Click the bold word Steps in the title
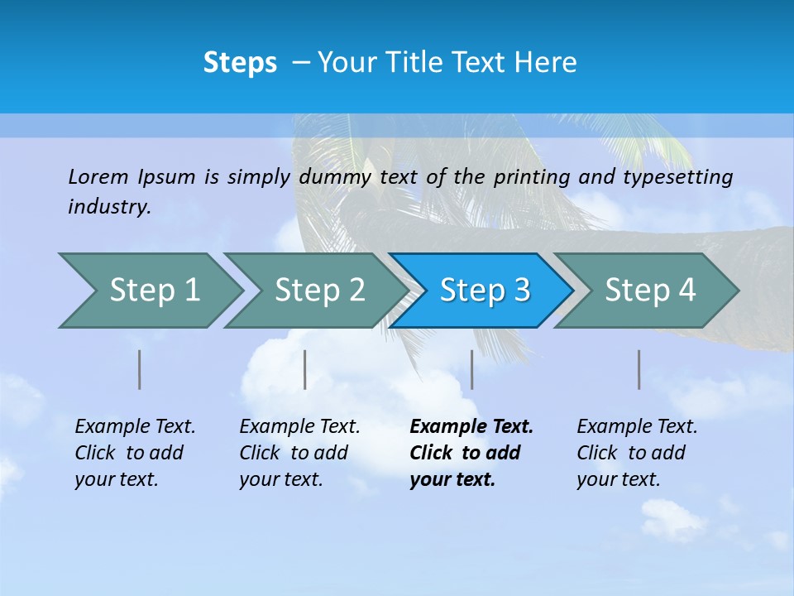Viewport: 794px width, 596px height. point(240,63)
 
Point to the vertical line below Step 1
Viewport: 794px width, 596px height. point(140,369)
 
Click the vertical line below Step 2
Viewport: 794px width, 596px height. point(305,369)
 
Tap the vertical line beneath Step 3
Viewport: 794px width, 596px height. point(472,369)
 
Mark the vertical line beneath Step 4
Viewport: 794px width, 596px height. point(639,369)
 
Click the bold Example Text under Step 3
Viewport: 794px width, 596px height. point(471,453)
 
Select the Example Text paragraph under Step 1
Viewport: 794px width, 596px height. point(135,453)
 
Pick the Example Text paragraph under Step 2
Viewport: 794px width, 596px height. point(299,453)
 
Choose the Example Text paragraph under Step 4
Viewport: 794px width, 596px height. point(637,453)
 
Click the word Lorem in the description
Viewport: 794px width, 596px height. point(98,177)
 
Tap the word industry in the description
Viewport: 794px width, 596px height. point(109,207)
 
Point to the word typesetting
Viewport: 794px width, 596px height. point(677,177)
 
